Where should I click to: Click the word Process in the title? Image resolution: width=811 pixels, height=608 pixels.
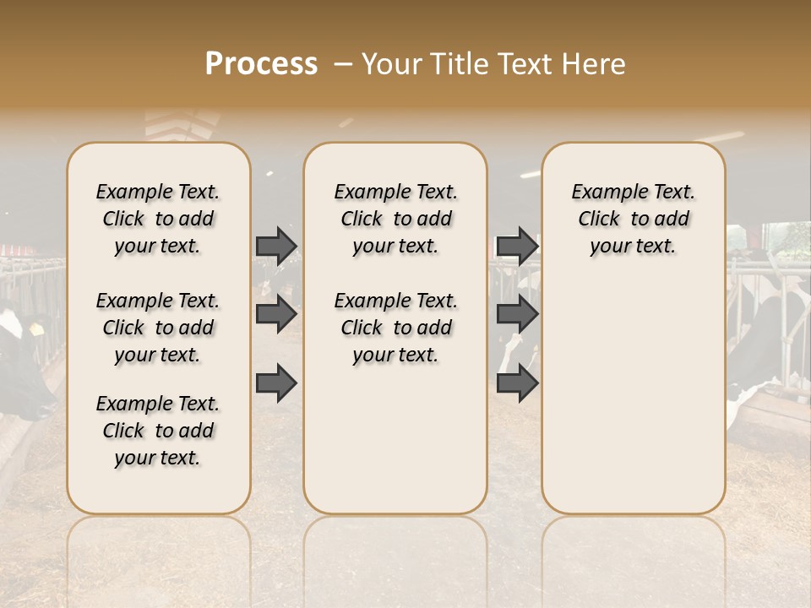click(x=261, y=64)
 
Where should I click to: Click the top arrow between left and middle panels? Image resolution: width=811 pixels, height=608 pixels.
click(x=276, y=246)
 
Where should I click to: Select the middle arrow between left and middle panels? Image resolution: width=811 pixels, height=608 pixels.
click(x=276, y=314)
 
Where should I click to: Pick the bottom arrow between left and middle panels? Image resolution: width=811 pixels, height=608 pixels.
click(x=276, y=383)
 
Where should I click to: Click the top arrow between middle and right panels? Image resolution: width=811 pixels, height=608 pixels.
click(x=517, y=246)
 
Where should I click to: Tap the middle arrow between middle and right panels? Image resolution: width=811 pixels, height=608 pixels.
click(x=517, y=314)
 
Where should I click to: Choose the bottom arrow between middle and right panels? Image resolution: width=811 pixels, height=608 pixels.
click(x=517, y=383)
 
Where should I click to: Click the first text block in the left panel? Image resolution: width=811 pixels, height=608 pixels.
click(x=158, y=219)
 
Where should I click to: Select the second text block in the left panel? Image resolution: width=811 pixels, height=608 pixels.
click(x=158, y=328)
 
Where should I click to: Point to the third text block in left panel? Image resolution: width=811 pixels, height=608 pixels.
click(x=158, y=431)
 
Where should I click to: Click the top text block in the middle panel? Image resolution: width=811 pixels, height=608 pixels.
click(x=395, y=219)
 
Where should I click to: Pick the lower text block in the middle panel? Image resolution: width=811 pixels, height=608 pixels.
click(x=395, y=328)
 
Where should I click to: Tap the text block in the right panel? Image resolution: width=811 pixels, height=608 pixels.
click(x=633, y=219)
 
